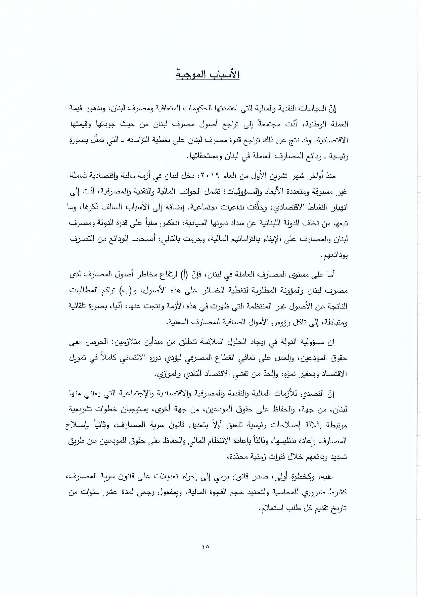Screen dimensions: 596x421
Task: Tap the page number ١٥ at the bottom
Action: (206, 547)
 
